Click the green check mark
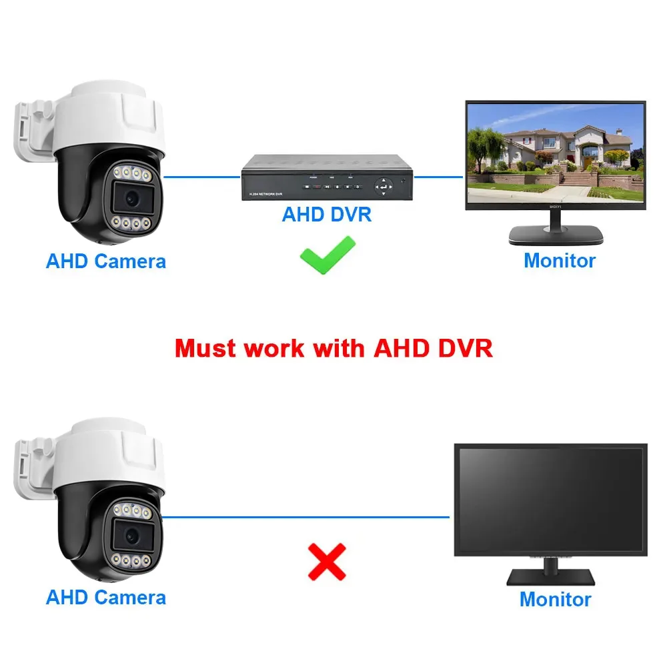pyautogui.click(x=327, y=255)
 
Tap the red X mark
pyautogui.click(x=326, y=561)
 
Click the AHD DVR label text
pyautogui.click(x=326, y=215)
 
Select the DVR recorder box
pyautogui.click(x=327, y=178)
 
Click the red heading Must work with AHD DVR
pyautogui.click(x=333, y=348)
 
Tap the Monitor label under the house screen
pyautogui.click(x=559, y=260)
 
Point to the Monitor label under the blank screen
pyautogui.click(x=555, y=599)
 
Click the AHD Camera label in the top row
pyautogui.click(x=105, y=261)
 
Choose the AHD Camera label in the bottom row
pyautogui.click(x=105, y=597)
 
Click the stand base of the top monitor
pyautogui.click(x=556, y=234)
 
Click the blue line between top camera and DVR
pyautogui.click(x=202, y=177)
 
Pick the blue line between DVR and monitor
pyautogui.click(x=439, y=177)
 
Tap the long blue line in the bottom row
pyautogui.click(x=307, y=516)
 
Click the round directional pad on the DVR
pyautogui.click(x=384, y=185)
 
